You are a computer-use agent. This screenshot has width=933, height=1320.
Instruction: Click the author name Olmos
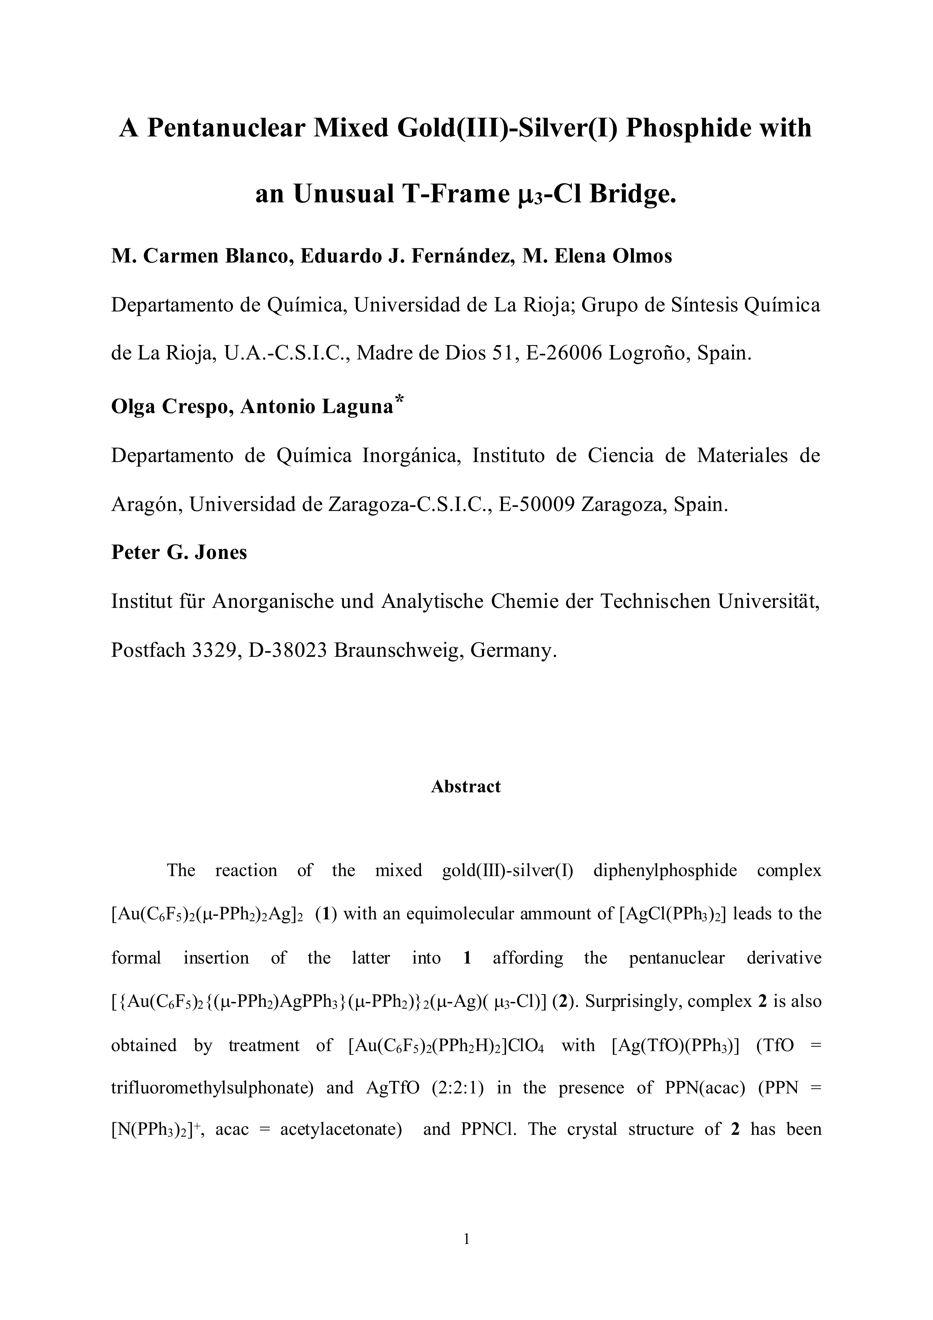pyautogui.click(x=642, y=256)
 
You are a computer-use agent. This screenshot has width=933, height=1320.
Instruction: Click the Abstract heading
pyautogui.click(x=466, y=787)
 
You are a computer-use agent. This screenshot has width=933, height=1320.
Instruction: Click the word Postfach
pyautogui.click(x=147, y=650)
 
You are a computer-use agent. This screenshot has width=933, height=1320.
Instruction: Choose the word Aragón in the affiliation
pyautogui.click(x=146, y=505)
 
